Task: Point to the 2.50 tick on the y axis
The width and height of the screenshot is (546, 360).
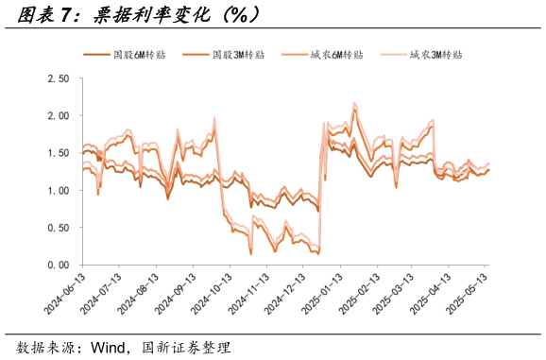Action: point(58,78)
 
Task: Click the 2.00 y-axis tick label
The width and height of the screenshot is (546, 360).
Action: point(58,115)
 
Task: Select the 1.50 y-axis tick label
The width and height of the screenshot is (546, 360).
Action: point(58,153)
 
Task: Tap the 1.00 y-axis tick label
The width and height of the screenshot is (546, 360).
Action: point(58,190)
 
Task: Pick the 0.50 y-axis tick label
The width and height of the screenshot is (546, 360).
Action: point(58,228)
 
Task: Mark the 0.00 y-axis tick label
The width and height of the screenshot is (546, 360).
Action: point(58,265)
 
